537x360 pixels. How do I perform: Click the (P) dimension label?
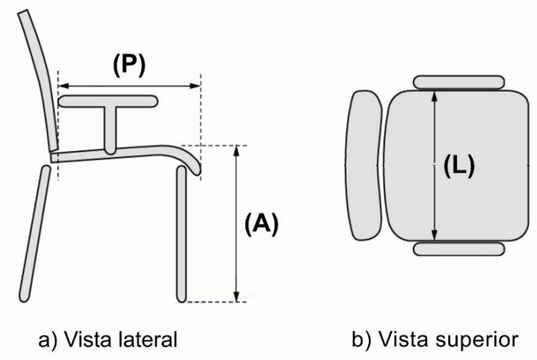130,64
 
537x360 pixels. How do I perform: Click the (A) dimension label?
262,224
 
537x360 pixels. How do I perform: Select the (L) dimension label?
460,166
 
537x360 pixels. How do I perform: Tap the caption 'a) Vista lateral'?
108,339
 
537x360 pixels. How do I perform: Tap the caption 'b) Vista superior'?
435,339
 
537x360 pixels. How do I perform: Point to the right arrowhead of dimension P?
195,86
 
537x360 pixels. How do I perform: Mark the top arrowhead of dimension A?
236,151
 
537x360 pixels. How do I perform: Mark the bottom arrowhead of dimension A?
236,296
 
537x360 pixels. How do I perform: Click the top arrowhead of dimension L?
435,96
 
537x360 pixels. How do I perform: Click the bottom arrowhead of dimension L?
435,236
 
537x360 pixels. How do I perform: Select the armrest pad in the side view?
108,101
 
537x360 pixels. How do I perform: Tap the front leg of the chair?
182,235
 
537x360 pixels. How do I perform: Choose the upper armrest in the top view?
459,83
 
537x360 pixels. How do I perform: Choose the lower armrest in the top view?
459,249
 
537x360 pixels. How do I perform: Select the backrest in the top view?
364,166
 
